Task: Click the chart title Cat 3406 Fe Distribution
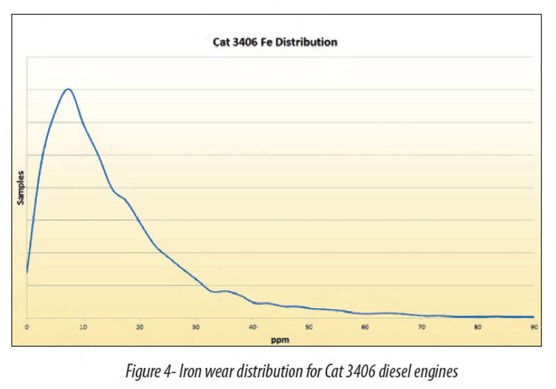[275, 42]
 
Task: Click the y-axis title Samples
[21, 187]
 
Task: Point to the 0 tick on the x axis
[27, 327]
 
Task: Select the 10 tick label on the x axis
[83, 327]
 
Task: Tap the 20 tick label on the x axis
[139, 327]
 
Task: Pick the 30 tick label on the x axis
[196, 327]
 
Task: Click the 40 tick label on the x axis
[252, 327]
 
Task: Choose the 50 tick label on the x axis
[308, 327]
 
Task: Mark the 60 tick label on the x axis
[365, 327]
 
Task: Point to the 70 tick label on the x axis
[421, 327]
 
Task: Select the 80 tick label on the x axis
[477, 327]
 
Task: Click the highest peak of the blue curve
[68, 89]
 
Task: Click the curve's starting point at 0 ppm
[27, 272]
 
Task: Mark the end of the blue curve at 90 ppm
[533, 317]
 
